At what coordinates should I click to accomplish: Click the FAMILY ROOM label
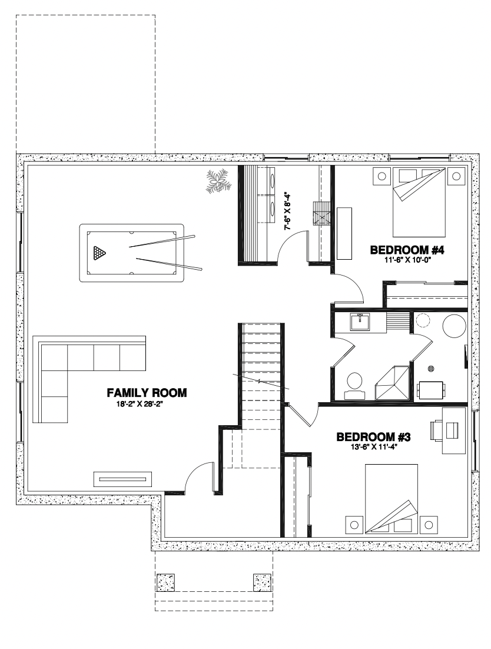[x=147, y=392]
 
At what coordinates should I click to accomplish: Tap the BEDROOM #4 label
[x=407, y=250]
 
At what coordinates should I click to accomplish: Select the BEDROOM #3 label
[x=373, y=436]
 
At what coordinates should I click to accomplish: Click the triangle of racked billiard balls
[x=99, y=253]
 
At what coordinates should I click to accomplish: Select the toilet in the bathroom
[x=354, y=385]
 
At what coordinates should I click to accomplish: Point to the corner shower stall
[x=392, y=382]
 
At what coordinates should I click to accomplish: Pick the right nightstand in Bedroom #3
[x=429, y=525]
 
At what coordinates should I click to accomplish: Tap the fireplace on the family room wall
[x=122, y=479]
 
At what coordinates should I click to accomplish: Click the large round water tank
[x=454, y=327]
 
